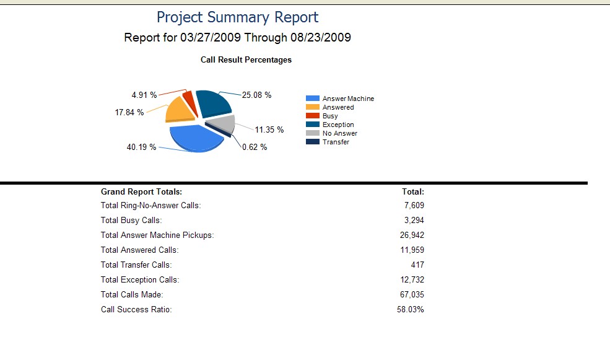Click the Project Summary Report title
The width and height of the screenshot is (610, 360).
tap(237, 17)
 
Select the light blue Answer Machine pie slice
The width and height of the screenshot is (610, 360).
tap(195, 138)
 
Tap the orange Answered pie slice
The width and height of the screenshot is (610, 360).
tap(178, 110)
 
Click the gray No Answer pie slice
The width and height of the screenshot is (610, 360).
tap(224, 123)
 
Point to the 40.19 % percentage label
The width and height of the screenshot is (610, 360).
tap(141, 147)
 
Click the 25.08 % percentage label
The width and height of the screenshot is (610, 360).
tap(256, 95)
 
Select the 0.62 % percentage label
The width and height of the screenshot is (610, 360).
tap(255, 147)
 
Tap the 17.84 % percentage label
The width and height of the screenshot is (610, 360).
tap(129, 112)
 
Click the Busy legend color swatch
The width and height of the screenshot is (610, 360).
tap(313, 116)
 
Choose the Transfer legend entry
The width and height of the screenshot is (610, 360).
tap(336, 142)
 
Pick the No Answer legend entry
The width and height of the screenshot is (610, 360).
tap(339, 133)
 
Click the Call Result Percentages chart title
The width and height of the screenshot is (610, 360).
tap(246, 60)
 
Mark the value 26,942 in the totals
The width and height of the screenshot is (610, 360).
tap(412, 235)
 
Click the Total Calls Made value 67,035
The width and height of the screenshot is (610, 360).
tap(412, 294)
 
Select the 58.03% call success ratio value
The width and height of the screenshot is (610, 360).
tap(410, 309)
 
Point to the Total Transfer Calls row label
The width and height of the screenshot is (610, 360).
tap(136, 265)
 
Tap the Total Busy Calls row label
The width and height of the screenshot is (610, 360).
tap(131, 220)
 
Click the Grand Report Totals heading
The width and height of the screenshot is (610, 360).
tap(141, 192)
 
